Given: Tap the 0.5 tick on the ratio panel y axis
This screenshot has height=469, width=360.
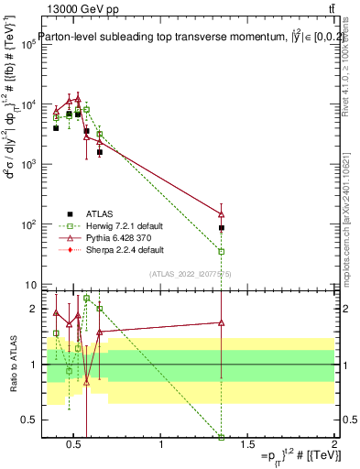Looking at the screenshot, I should (26, 420).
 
